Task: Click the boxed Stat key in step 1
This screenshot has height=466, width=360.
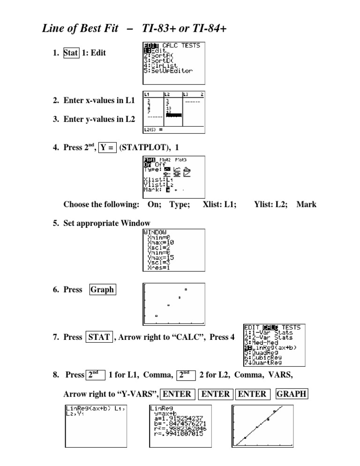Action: tap(71, 53)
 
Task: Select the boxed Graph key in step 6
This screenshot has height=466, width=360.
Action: tap(102, 290)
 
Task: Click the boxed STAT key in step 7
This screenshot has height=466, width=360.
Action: tap(98, 337)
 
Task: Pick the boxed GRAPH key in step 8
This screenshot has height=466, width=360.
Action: tap(291, 394)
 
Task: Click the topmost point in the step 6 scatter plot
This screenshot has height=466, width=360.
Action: tap(186, 290)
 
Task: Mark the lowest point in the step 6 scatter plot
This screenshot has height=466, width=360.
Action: tap(156, 316)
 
